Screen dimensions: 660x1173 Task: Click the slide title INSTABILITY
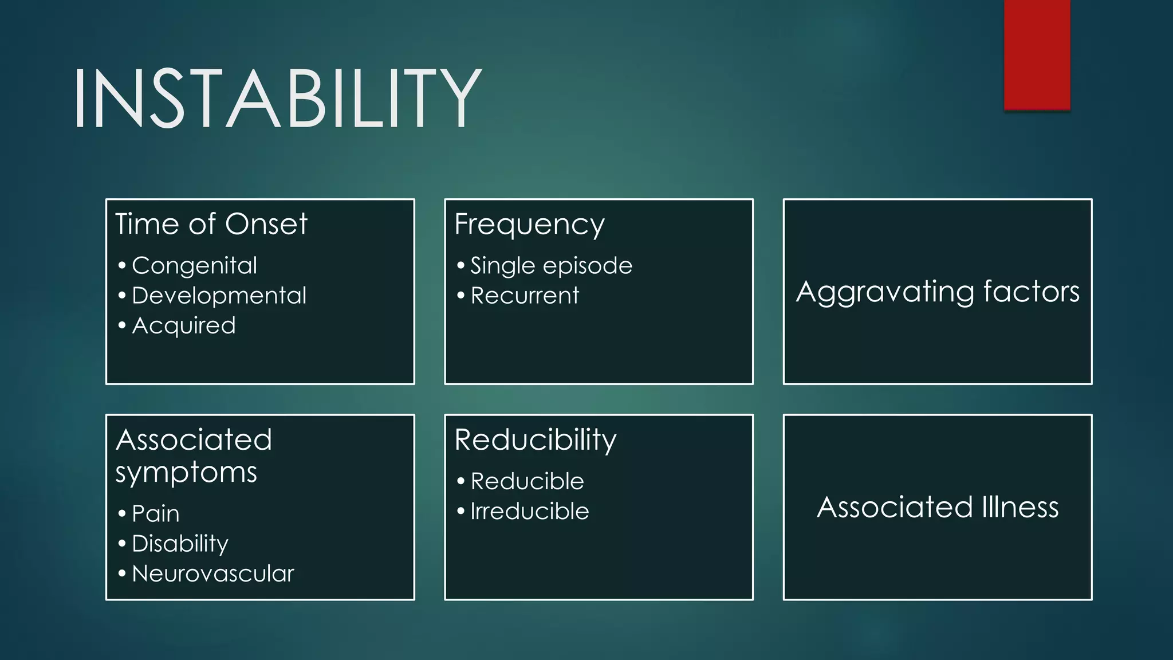277,97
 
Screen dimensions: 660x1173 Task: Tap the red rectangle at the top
1037,54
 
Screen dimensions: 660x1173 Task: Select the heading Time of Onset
211,223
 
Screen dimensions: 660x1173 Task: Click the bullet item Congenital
194,266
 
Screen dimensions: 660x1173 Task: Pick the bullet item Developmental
219,296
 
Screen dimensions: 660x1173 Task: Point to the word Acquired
183,325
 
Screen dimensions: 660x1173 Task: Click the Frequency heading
529,225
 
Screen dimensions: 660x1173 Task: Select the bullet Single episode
551,266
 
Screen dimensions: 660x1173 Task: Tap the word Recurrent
525,296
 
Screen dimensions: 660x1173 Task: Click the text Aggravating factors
938,292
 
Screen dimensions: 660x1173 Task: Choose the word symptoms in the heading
186,473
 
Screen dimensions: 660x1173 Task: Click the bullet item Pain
155,513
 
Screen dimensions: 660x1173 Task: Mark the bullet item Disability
180,544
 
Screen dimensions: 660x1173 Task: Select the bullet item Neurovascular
212,573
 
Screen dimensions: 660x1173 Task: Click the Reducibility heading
535,440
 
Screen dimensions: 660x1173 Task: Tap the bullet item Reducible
527,481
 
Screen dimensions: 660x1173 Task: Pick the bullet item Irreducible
529,511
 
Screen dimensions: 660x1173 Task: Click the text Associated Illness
938,507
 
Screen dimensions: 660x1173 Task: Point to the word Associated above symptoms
194,440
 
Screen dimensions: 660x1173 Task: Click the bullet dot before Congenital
122,266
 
